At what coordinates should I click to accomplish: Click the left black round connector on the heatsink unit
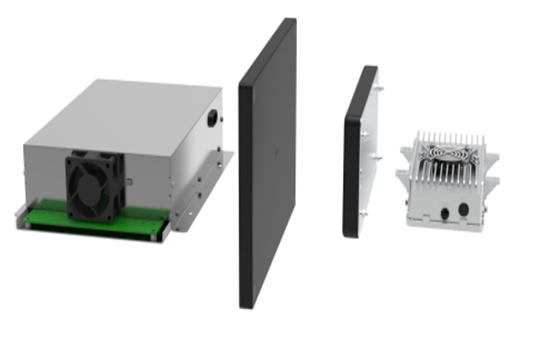tap(445, 212)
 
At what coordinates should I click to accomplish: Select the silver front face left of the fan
tap(45, 176)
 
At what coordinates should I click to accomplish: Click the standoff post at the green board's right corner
tap(160, 236)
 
